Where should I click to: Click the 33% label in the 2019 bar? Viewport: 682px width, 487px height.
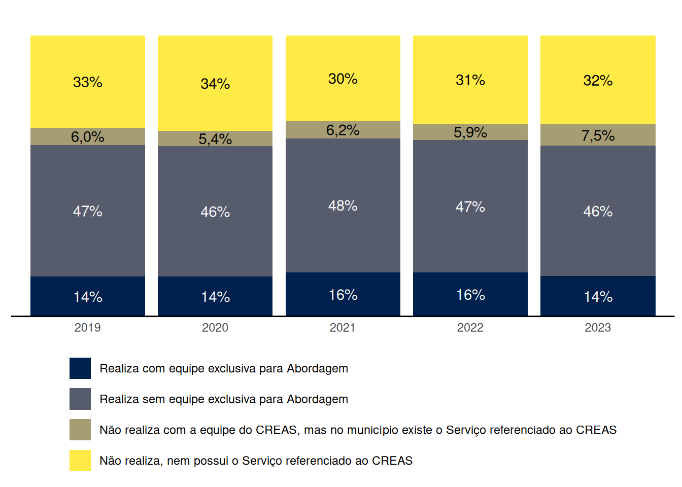(88, 82)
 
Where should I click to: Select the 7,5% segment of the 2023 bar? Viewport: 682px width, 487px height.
(598, 135)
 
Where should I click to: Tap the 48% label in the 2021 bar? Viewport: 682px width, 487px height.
(343, 206)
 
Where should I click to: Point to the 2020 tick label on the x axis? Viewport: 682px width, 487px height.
(215, 328)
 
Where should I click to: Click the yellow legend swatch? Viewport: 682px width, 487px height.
(80, 461)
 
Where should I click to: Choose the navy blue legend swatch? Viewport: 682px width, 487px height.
(80, 368)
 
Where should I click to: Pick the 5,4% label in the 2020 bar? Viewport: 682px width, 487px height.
(215, 139)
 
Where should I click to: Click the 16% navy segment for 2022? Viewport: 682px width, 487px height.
(470, 294)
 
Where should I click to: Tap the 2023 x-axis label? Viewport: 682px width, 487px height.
(598, 328)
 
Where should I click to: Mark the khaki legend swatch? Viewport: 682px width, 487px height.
(80, 430)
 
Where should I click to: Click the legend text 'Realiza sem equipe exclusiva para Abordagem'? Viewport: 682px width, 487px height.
(224, 399)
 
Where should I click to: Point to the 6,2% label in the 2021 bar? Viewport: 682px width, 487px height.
(343, 130)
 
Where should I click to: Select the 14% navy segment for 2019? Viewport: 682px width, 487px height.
(88, 296)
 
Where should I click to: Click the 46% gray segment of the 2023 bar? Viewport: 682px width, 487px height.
(598, 211)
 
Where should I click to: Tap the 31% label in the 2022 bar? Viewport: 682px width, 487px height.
(470, 80)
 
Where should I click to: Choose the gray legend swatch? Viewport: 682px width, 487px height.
(80, 399)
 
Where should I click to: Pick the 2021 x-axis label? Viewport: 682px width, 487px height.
(343, 328)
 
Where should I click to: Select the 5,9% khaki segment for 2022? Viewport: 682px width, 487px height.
(470, 132)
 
